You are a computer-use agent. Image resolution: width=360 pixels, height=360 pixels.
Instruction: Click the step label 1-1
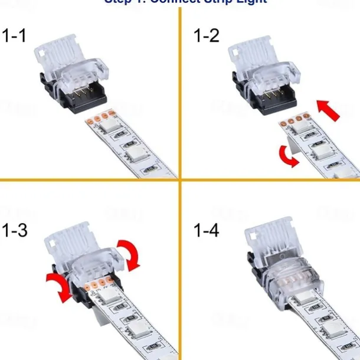tap(15, 35)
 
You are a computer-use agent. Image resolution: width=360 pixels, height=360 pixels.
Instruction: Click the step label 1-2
tap(206, 35)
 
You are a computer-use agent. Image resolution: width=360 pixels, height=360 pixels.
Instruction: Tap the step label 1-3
tap(15, 231)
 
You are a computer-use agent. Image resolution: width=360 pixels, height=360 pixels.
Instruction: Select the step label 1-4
tap(206, 231)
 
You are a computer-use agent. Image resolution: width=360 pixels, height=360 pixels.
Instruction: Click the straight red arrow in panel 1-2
tap(328, 110)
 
